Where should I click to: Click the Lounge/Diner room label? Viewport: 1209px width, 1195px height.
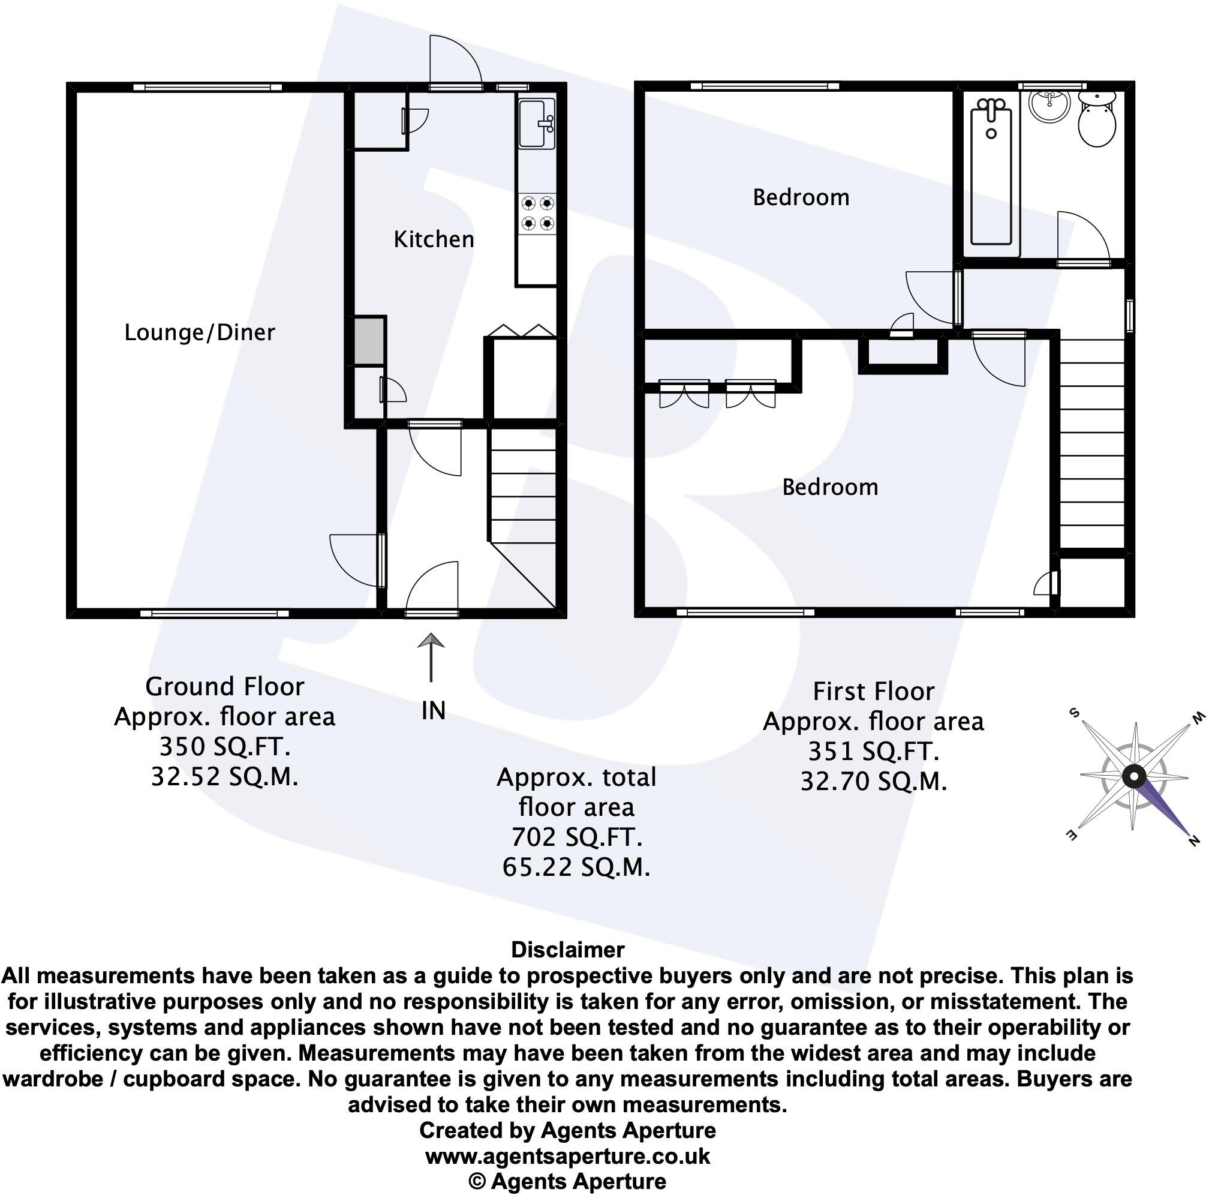pyautogui.click(x=200, y=332)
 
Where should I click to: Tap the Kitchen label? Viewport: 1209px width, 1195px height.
pyautogui.click(x=434, y=240)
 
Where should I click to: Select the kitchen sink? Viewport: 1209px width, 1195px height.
pyautogui.click(x=536, y=124)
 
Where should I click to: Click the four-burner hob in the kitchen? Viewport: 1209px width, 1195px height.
pyautogui.click(x=537, y=213)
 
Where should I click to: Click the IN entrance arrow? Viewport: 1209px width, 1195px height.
pyautogui.click(x=431, y=657)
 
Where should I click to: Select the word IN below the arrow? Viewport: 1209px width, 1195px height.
pyautogui.click(x=433, y=710)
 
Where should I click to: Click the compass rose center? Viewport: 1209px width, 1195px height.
pyautogui.click(x=1133, y=777)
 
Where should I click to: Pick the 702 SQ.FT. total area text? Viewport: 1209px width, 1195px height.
pyautogui.click(x=576, y=837)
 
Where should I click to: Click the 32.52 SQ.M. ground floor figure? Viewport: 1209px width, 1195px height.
pyautogui.click(x=225, y=777)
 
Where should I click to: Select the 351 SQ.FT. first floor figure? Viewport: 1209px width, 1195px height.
pyautogui.click(x=874, y=751)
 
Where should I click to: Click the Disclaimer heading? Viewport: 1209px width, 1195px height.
pyautogui.click(x=567, y=950)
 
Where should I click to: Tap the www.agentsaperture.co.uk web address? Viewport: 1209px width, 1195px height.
pyautogui.click(x=567, y=1155)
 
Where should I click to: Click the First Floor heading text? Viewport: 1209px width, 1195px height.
pyautogui.click(x=874, y=692)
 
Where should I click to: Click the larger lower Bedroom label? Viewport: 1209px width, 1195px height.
pyautogui.click(x=830, y=488)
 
